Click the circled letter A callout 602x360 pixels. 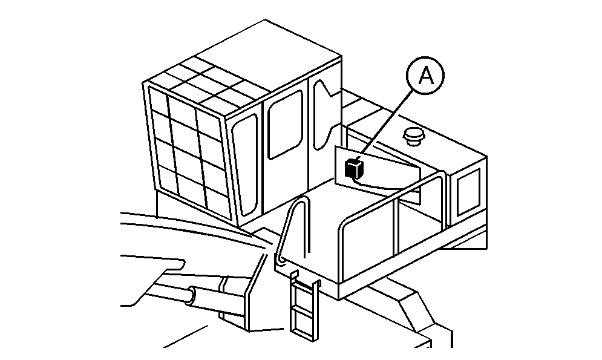click(x=425, y=76)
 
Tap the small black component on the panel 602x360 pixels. click(x=354, y=168)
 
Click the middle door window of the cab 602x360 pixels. click(x=285, y=125)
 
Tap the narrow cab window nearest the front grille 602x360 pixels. click(x=245, y=164)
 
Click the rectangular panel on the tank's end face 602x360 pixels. click(x=468, y=192)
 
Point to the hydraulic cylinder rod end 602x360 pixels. click(x=191, y=296)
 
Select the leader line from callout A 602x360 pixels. click(x=387, y=121)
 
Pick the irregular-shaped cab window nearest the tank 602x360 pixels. click(x=325, y=114)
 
